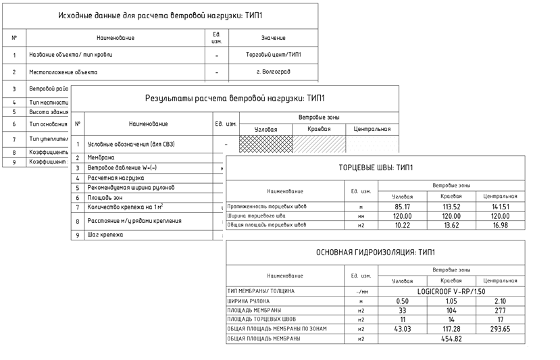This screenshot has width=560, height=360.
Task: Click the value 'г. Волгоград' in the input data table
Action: pos(273,72)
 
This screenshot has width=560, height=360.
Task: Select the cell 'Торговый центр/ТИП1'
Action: pos(273,55)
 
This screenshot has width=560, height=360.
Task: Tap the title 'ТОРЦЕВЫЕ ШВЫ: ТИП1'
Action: pos(376,168)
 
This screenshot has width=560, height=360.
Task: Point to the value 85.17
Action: pos(403,207)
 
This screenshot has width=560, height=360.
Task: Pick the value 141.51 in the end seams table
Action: pos(500,207)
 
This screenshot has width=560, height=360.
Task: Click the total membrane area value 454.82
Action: pos(451,339)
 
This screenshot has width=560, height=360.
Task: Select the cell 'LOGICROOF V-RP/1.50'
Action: pos(451,291)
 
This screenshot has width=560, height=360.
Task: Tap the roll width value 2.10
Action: pos(500,301)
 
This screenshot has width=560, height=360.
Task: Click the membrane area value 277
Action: pos(500,310)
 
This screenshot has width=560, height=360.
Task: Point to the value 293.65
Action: pos(500,329)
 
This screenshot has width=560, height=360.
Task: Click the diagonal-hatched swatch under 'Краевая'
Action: pos(319,144)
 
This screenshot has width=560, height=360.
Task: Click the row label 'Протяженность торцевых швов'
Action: pos(267,207)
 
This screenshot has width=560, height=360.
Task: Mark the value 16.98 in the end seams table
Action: pos(500,225)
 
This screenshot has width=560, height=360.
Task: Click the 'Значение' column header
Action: pos(273,38)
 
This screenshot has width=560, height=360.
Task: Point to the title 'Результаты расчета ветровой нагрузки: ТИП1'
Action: pos(235,99)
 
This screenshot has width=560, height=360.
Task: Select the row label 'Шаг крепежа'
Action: pos(105,235)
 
